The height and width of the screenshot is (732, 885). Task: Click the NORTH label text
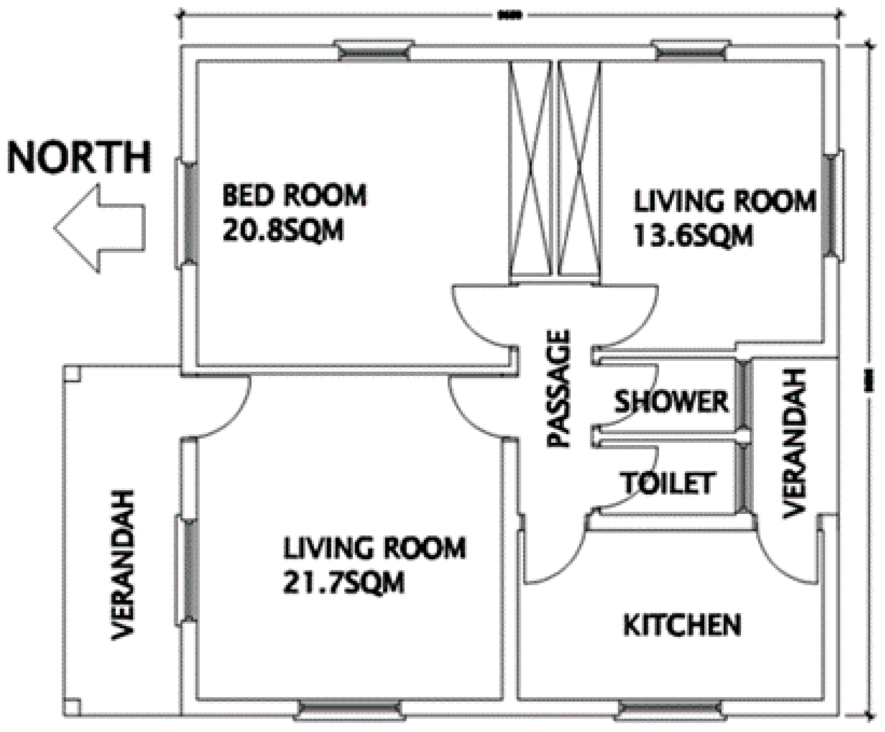pyautogui.click(x=79, y=157)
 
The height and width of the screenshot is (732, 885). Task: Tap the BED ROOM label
pyautogui.click(x=294, y=195)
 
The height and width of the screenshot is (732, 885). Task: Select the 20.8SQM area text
pyautogui.click(x=282, y=232)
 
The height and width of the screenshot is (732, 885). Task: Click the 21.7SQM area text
pyautogui.click(x=343, y=583)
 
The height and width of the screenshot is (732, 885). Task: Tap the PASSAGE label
pyautogui.click(x=558, y=389)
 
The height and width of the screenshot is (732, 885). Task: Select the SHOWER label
pyautogui.click(x=671, y=402)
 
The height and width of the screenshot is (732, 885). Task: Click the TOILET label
pyautogui.click(x=669, y=483)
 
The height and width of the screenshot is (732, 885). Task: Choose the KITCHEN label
pyautogui.click(x=682, y=625)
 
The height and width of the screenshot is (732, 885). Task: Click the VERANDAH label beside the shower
pyautogui.click(x=796, y=443)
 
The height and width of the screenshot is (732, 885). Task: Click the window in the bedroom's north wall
pyautogui.click(x=188, y=212)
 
